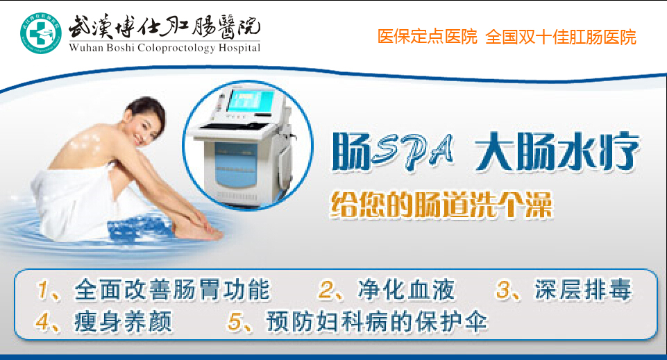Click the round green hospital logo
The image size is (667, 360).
[41, 33]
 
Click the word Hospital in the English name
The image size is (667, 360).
[239, 48]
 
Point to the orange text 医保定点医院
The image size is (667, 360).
[427, 37]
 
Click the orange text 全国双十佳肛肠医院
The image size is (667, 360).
[561, 37]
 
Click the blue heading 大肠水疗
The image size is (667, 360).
[557, 152]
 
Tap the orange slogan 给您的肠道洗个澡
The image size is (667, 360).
[441, 205]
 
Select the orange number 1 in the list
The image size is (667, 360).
[42, 290]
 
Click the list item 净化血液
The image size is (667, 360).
[406, 290]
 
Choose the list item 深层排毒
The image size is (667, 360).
[584, 290]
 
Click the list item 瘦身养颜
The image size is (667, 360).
[124, 321]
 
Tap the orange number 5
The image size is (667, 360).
[235, 321]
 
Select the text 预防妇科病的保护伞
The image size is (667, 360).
[377, 321]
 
